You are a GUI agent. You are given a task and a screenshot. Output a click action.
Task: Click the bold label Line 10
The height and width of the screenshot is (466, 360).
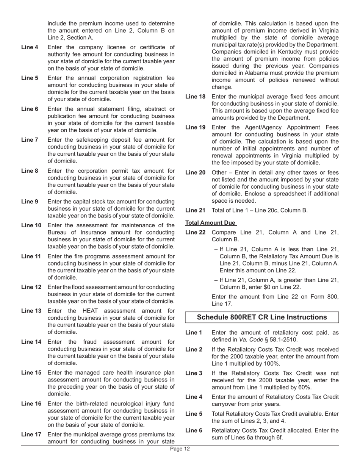click(31, 225)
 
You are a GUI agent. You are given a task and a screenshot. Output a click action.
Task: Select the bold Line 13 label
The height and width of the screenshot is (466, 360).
click(31, 311)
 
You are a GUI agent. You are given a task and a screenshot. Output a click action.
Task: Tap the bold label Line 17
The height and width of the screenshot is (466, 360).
click(31, 435)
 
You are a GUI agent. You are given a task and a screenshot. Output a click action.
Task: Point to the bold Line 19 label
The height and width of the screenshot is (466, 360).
click(195, 128)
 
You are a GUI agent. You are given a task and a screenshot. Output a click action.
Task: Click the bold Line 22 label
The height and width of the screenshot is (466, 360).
click(195, 232)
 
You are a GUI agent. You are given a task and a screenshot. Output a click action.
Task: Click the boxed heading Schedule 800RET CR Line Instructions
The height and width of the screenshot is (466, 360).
click(262, 317)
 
